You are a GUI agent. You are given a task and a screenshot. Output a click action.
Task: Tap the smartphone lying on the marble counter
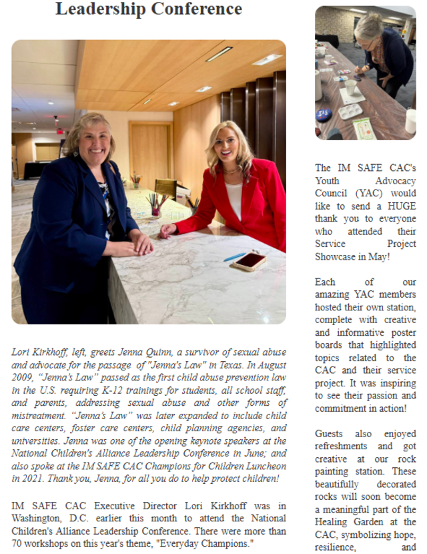[x=250, y=261]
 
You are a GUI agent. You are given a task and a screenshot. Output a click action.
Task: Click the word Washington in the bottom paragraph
[x=39, y=519]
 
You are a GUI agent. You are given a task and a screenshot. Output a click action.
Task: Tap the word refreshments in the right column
[x=341, y=447]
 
